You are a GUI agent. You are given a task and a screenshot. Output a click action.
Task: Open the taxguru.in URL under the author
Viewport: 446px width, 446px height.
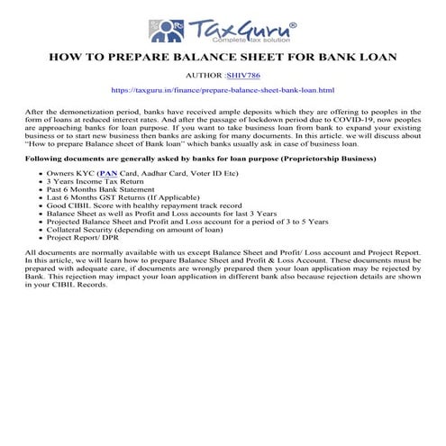(x=223, y=91)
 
